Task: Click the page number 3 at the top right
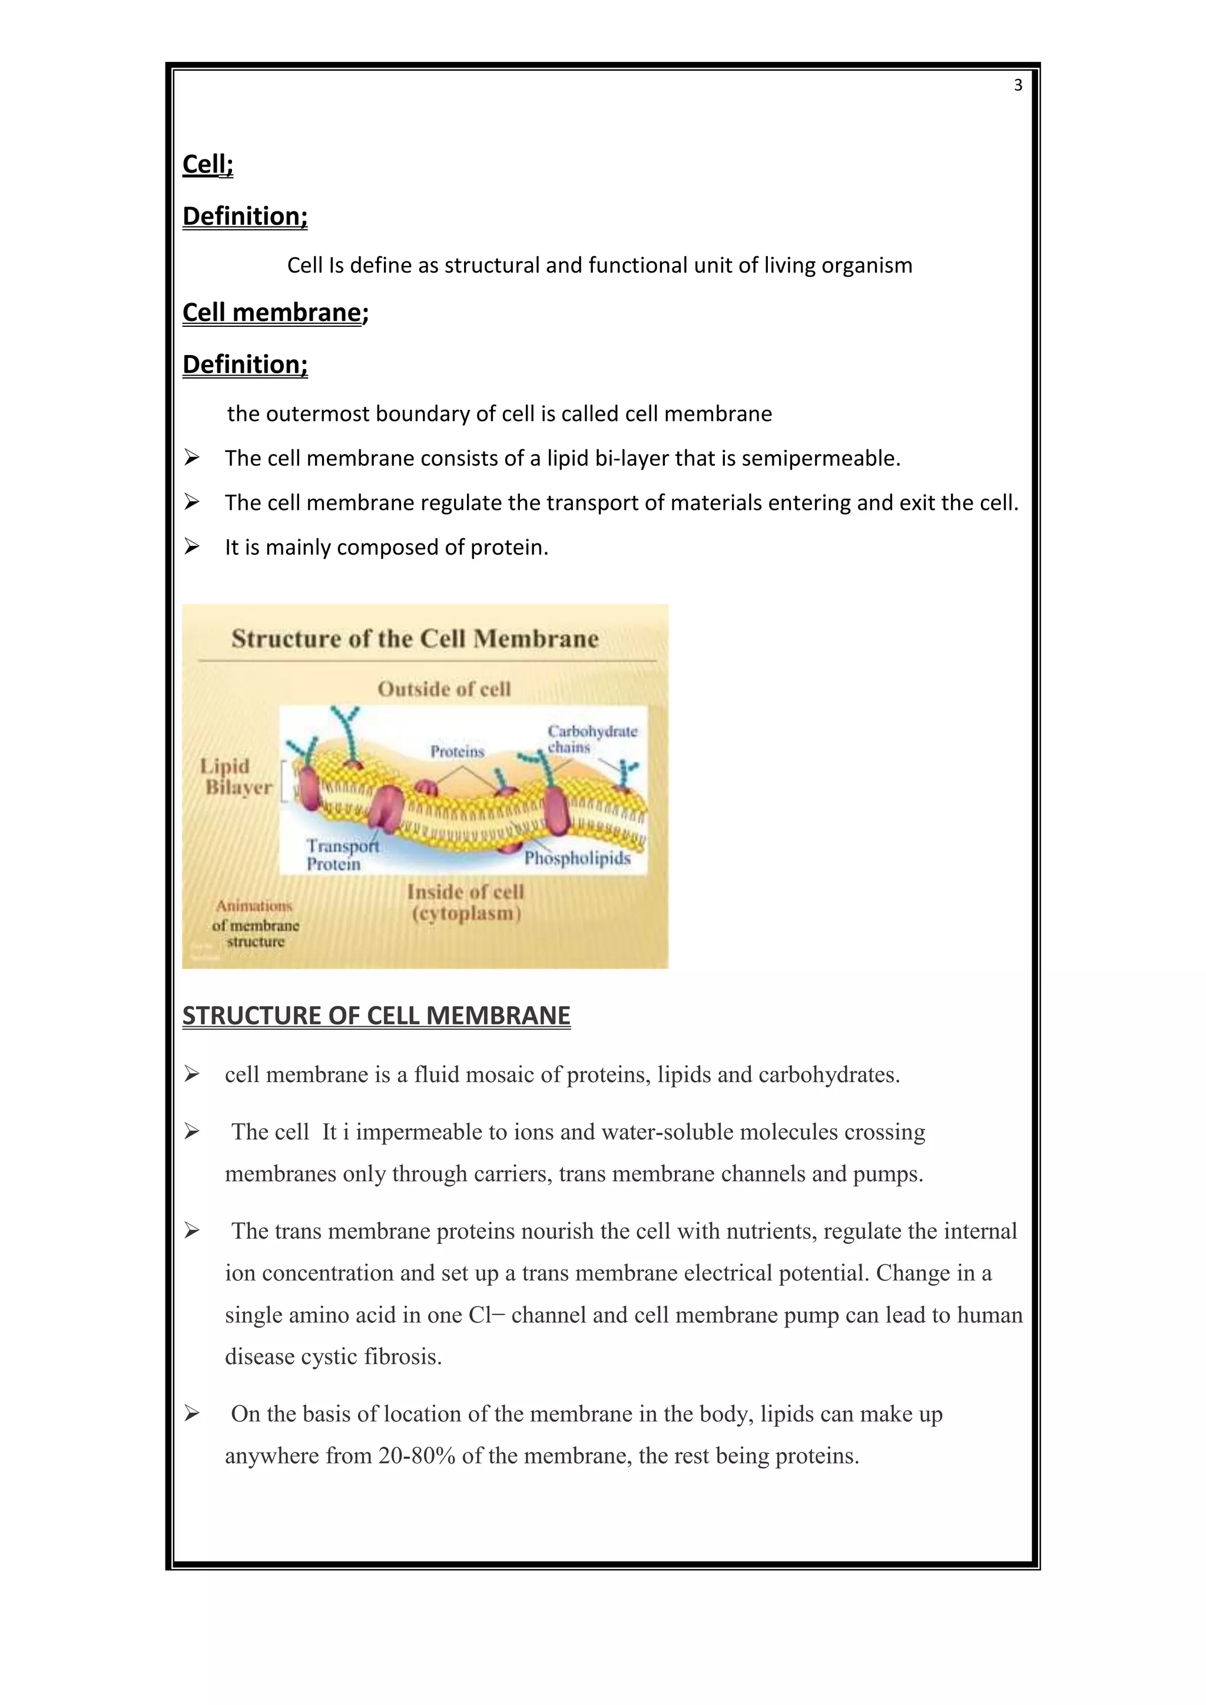point(1018,85)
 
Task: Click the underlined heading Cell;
point(207,164)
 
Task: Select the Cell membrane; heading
point(275,313)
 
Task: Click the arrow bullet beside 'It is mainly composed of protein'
point(191,548)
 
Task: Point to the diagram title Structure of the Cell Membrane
point(415,639)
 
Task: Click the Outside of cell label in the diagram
point(444,689)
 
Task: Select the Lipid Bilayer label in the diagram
point(236,777)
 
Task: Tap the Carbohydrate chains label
point(591,739)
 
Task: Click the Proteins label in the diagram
point(457,751)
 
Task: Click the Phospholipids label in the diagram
point(577,858)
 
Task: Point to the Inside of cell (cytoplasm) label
point(466,903)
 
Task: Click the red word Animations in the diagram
point(254,905)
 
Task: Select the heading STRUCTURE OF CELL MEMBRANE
point(376,1015)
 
